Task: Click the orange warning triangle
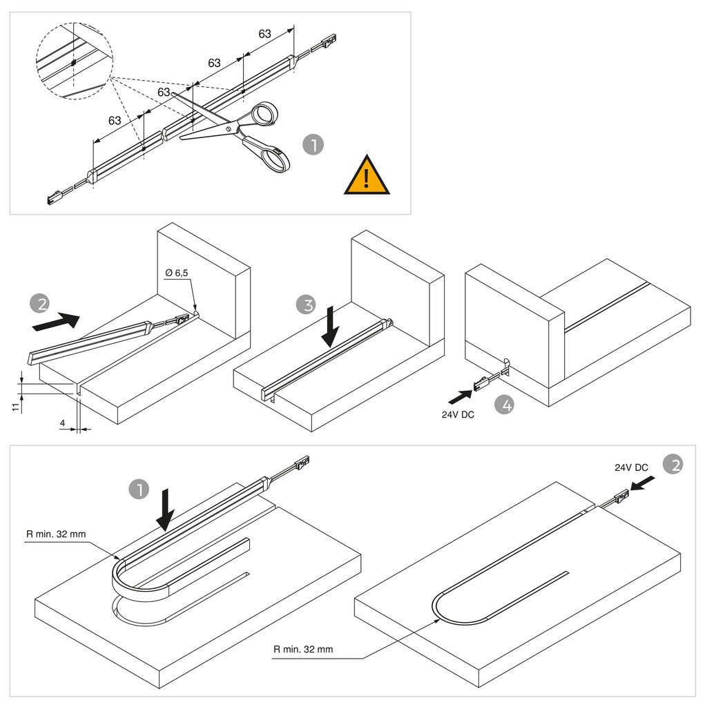click(x=367, y=177)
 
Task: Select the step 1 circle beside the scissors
click(x=313, y=146)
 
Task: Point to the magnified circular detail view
click(x=73, y=63)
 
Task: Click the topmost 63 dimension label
click(x=264, y=34)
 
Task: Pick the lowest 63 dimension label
click(x=115, y=121)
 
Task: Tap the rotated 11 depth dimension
click(x=15, y=405)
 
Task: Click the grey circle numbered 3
click(x=307, y=304)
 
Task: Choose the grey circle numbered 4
click(x=506, y=405)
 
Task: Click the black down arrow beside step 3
click(x=331, y=327)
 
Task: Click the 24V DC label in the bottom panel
click(x=631, y=467)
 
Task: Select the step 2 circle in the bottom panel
click(x=672, y=465)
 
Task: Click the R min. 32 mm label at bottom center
click(x=302, y=649)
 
